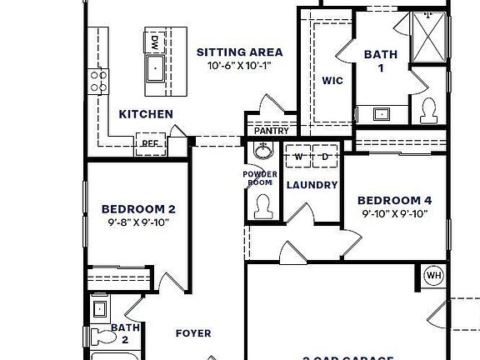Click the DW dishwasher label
[155, 41]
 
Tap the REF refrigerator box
[150, 143]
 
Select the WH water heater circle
[433, 276]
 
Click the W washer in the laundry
[297, 157]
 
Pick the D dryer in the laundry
[325, 157]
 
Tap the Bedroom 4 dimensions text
[394, 213]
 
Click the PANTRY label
[271, 131]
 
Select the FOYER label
[192, 333]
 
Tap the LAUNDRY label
[312, 185]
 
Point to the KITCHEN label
[146, 114]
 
